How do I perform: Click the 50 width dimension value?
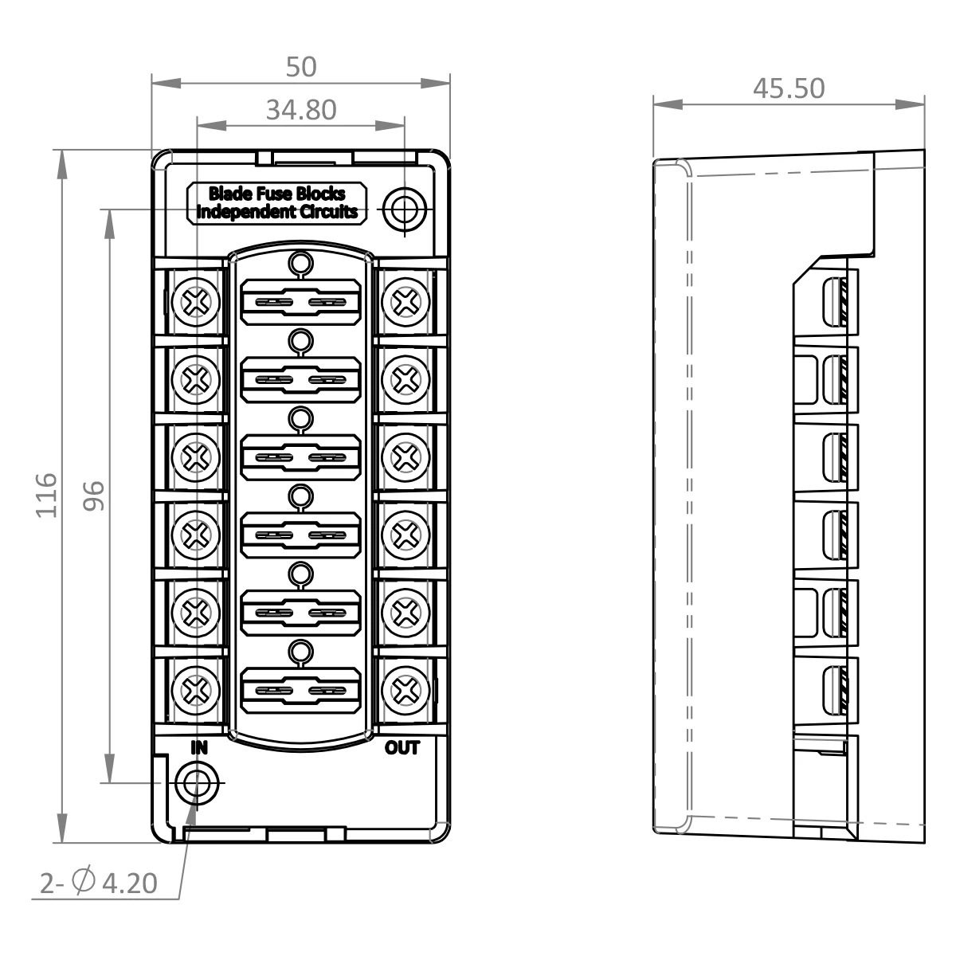[x=301, y=67]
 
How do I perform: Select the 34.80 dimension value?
[x=301, y=110]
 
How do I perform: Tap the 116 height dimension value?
[x=47, y=495]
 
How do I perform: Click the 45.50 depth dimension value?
[x=789, y=88]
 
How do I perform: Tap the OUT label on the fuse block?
[x=402, y=747]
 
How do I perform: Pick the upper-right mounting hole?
[x=405, y=209]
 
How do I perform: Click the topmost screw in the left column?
[x=195, y=302]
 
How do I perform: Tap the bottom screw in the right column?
[x=406, y=687]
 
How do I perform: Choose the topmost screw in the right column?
[x=406, y=302]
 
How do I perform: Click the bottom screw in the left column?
[x=195, y=687]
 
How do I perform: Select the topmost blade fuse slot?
[x=300, y=302]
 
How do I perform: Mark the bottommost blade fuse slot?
[x=300, y=688]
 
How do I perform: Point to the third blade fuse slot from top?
[x=300, y=456]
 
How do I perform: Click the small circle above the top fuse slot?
[x=300, y=264]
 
